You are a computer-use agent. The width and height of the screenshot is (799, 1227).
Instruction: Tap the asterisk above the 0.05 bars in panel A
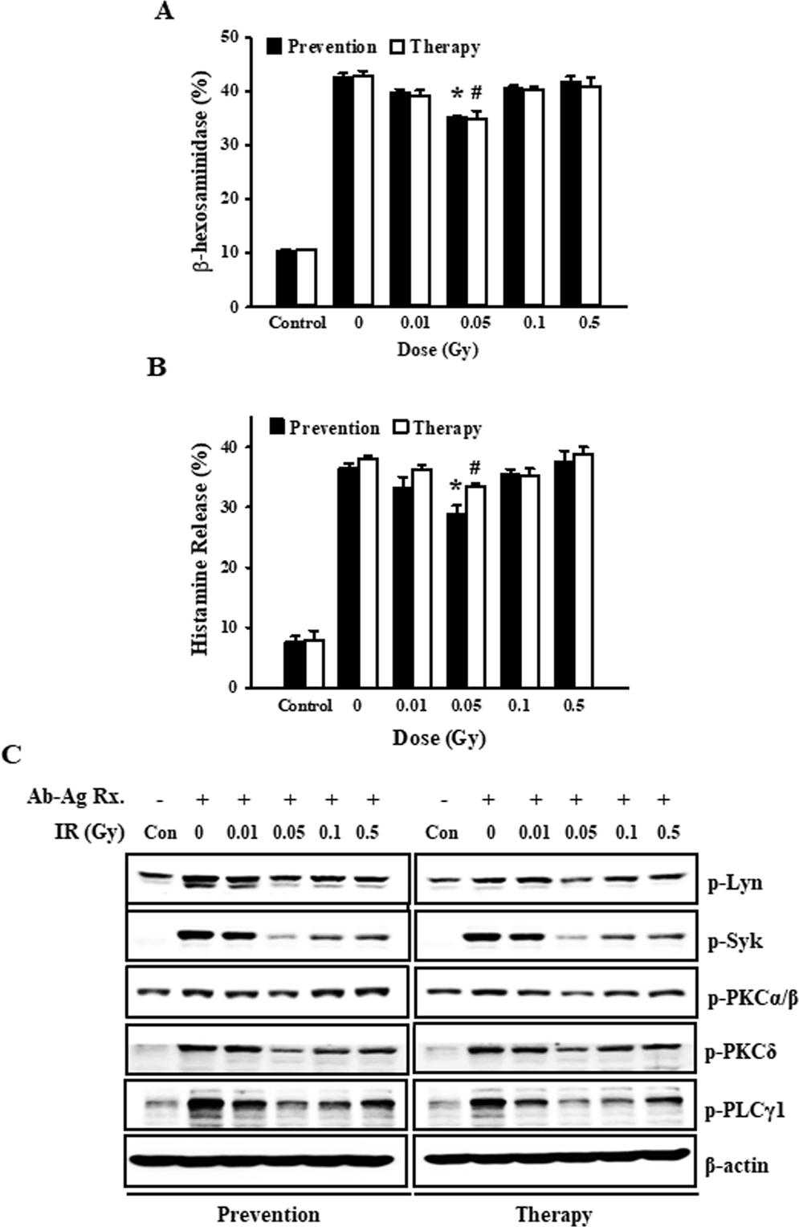[x=457, y=96]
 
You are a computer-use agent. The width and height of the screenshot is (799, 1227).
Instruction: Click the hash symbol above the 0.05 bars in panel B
[x=475, y=467]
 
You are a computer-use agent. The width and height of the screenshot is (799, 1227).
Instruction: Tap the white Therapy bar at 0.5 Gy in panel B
[x=583, y=571]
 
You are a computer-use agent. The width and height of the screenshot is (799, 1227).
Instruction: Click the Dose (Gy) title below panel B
[x=438, y=737]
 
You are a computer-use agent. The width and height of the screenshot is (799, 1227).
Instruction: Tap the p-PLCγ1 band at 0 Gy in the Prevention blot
[x=201, y=1109]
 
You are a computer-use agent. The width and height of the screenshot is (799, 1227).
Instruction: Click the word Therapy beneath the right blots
[x=554, y=1213]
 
